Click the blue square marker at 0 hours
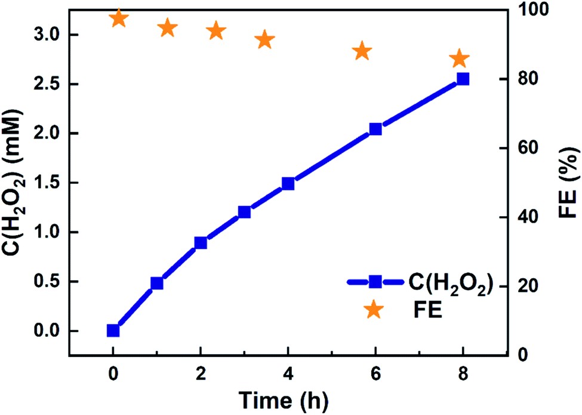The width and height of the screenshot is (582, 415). (113, 330)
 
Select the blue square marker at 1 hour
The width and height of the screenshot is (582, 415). (157, 283)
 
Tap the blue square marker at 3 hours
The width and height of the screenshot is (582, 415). (244, 212)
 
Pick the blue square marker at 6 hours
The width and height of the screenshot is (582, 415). (375, 128)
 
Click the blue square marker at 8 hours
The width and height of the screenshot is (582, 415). (463, 79)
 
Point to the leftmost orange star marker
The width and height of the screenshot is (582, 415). (119, 19)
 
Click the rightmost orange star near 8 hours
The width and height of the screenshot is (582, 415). (459, 59)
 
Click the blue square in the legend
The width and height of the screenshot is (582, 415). (375, 281)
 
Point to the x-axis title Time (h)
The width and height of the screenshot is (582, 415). (283, 397)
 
